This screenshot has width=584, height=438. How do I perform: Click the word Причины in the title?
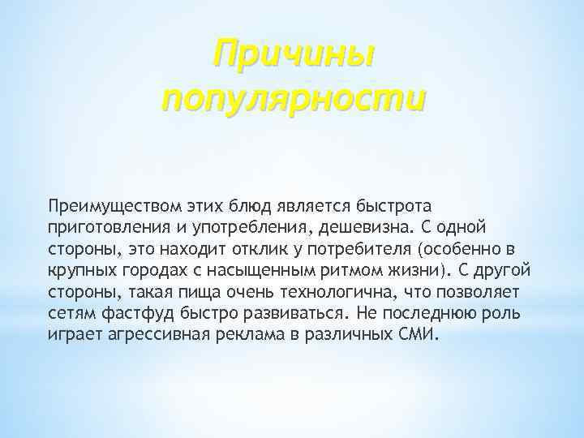(293, 57)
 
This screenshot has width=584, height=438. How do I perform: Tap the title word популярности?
(293, 100)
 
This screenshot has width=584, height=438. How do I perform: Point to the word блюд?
(244, 200)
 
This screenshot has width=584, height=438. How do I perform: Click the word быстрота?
(385, 200)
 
